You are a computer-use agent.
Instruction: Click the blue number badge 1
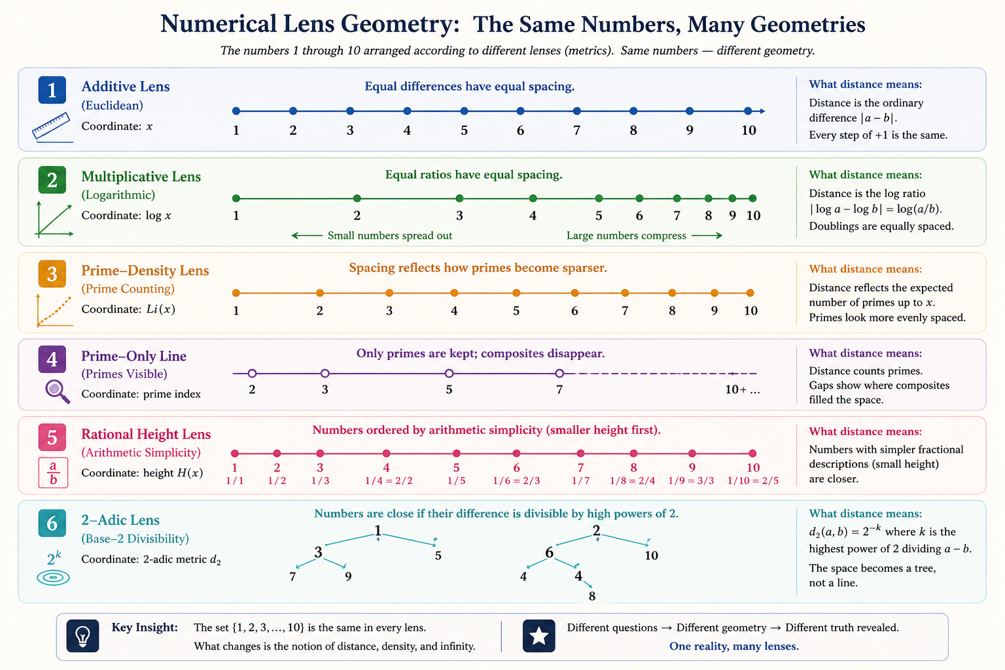pos(52,90)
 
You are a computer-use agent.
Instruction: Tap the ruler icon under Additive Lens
pos(52,127)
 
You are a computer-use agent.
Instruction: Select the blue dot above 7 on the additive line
pos(576,111)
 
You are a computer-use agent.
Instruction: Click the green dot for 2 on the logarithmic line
pos(357,198)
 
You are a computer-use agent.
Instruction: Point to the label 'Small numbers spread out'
pos(389,236)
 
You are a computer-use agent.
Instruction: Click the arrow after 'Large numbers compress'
pos(707,236)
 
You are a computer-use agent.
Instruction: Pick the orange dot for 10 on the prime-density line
pos(750,293)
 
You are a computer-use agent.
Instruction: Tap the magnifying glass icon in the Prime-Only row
pos(57,391)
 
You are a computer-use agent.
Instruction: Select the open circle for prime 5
pos(449,374)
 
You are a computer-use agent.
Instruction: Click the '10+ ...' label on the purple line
pos(743,390)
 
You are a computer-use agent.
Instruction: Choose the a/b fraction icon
pos(53,472)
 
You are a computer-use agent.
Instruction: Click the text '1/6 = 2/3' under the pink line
pos(516,481)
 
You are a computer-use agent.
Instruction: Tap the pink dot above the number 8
pos(633,453)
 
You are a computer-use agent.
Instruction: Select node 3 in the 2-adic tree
pos(318,553)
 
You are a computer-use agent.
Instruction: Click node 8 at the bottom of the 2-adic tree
pos(592,596)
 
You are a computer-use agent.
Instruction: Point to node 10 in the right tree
pos(651,555)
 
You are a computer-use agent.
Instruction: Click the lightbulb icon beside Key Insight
pos(83,635)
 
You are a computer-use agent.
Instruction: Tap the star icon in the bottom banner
pos(538,635)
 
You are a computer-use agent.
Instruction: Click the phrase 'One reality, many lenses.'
pos(733,646)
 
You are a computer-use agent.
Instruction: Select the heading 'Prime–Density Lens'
pos(145,271)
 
